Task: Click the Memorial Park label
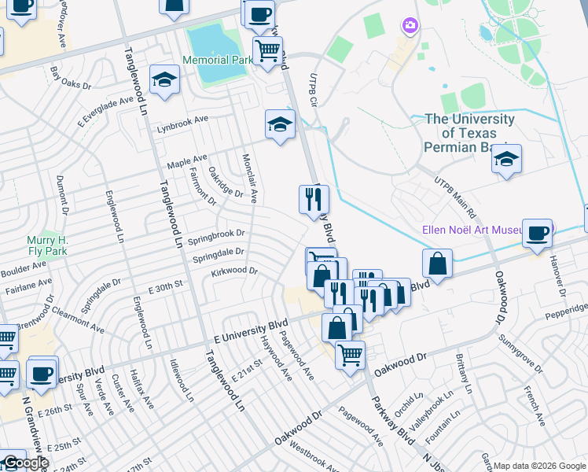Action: (x=216, y=61)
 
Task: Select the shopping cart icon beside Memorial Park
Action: (x=267, y=51)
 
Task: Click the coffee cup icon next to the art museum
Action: (x=538, y=233)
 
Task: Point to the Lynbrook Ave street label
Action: (x=182, y=124)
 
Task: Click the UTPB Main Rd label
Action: (x=456, y=197)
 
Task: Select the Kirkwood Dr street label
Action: (x=234, y=271)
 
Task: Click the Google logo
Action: (x=26, y=463)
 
